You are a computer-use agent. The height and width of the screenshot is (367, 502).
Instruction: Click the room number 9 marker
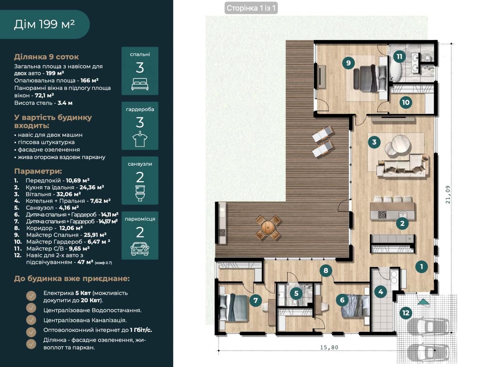[348, 63]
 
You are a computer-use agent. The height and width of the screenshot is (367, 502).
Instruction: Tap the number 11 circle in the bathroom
[399, 57]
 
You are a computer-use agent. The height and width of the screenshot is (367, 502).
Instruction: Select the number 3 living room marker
[374, 142]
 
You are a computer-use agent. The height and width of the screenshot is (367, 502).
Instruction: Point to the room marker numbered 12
[406, 313]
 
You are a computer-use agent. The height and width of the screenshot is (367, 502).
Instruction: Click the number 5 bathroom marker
[296, 293]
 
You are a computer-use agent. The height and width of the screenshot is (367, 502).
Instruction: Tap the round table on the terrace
[268, 227]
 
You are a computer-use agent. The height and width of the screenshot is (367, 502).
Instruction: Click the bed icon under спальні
[140, 84]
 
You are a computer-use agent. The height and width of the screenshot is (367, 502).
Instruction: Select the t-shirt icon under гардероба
[140, 139]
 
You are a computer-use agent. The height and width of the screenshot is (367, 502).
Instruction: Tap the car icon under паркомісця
[140, 249]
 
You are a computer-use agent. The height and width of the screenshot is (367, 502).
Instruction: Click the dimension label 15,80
[329, 347]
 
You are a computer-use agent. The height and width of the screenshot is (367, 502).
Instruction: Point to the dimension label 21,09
[448, 194]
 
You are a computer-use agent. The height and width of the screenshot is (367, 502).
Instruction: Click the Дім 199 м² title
[44, 24]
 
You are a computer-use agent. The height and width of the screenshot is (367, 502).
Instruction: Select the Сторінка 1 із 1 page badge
[251, 8]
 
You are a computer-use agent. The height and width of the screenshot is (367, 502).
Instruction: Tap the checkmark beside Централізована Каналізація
[31, 320]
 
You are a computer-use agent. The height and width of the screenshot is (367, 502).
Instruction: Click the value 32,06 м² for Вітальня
[69, 194]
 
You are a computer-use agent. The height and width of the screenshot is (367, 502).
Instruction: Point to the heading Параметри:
[38, 171]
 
